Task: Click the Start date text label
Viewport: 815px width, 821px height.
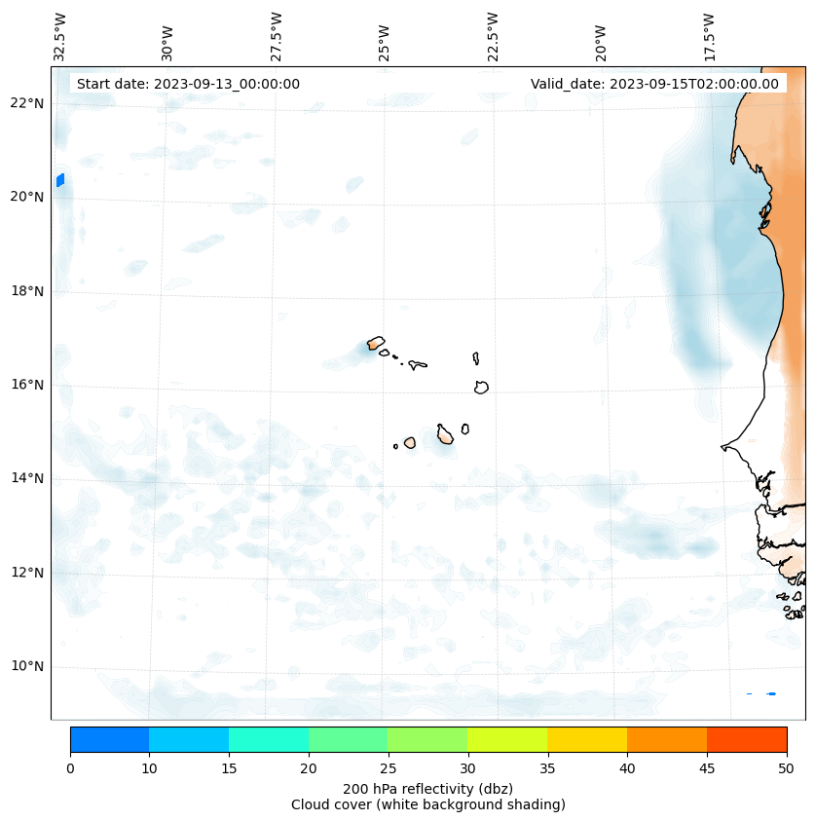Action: click(188, 84)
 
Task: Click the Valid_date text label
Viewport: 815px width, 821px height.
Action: click(654, 84)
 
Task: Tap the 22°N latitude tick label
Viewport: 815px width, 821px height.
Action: click(27, 103)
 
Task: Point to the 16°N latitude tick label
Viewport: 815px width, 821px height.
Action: click(27, 385)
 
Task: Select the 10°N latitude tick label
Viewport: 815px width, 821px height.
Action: click(27, 666)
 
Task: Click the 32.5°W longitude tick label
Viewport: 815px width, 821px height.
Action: click(60, 37)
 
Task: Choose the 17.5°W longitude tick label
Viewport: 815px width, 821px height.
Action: click(709, 37)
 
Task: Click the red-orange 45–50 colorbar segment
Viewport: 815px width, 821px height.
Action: click(747, 739)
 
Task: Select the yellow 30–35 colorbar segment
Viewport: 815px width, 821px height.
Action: click(507, 739)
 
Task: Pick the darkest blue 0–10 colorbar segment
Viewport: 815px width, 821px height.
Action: click(109, 739)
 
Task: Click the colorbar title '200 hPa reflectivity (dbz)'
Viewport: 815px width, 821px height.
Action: click(427, 788)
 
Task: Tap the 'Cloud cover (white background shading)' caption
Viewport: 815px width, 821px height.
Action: click(427, 804)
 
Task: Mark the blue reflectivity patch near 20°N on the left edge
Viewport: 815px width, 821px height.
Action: click(60, 180)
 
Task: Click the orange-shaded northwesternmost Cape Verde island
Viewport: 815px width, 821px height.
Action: click(375, 343)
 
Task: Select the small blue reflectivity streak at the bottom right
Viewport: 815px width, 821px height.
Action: click(770, 693)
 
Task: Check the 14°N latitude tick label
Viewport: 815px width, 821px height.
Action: click(27, 478)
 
